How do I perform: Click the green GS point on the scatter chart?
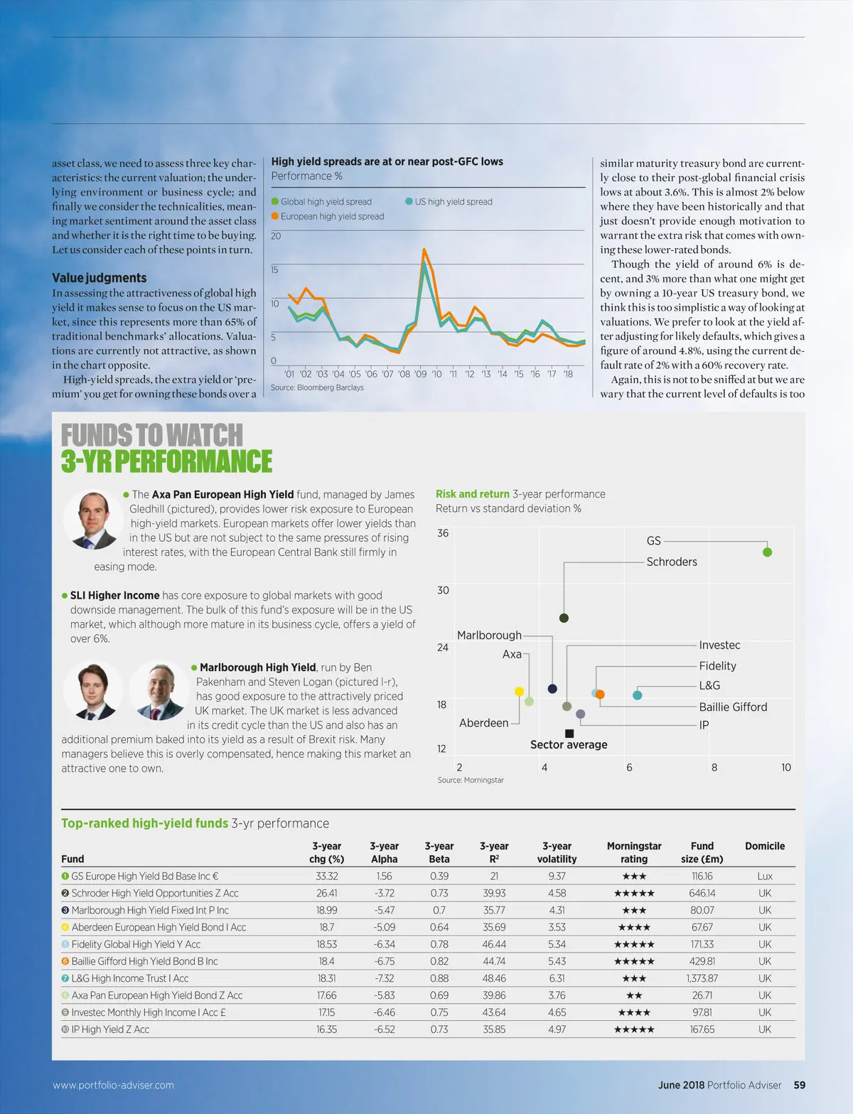[767, 552]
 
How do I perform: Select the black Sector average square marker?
[569, 733]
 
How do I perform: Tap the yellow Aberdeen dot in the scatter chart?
[519, 692]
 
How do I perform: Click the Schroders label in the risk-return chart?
[672, 562]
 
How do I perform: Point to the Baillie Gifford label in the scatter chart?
[733, 707]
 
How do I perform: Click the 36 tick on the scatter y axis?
[443, 533]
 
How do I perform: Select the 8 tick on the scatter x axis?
[714, 767]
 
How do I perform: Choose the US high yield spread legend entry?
[454, 202]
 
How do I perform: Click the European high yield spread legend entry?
[332, 216]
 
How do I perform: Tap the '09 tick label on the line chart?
[420, 374]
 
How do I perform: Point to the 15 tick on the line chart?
[275, 269]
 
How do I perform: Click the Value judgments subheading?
[100, 278]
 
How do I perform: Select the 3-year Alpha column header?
[384, 852]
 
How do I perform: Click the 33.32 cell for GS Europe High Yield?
[327, 877]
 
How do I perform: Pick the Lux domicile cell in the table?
[765, 877]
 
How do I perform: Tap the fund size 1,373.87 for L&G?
[702, 978]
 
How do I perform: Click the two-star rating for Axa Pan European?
[634, 995]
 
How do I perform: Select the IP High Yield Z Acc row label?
[110, 1029]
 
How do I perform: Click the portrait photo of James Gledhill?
[93, 520]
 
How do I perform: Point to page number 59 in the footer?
[800, 1085]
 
